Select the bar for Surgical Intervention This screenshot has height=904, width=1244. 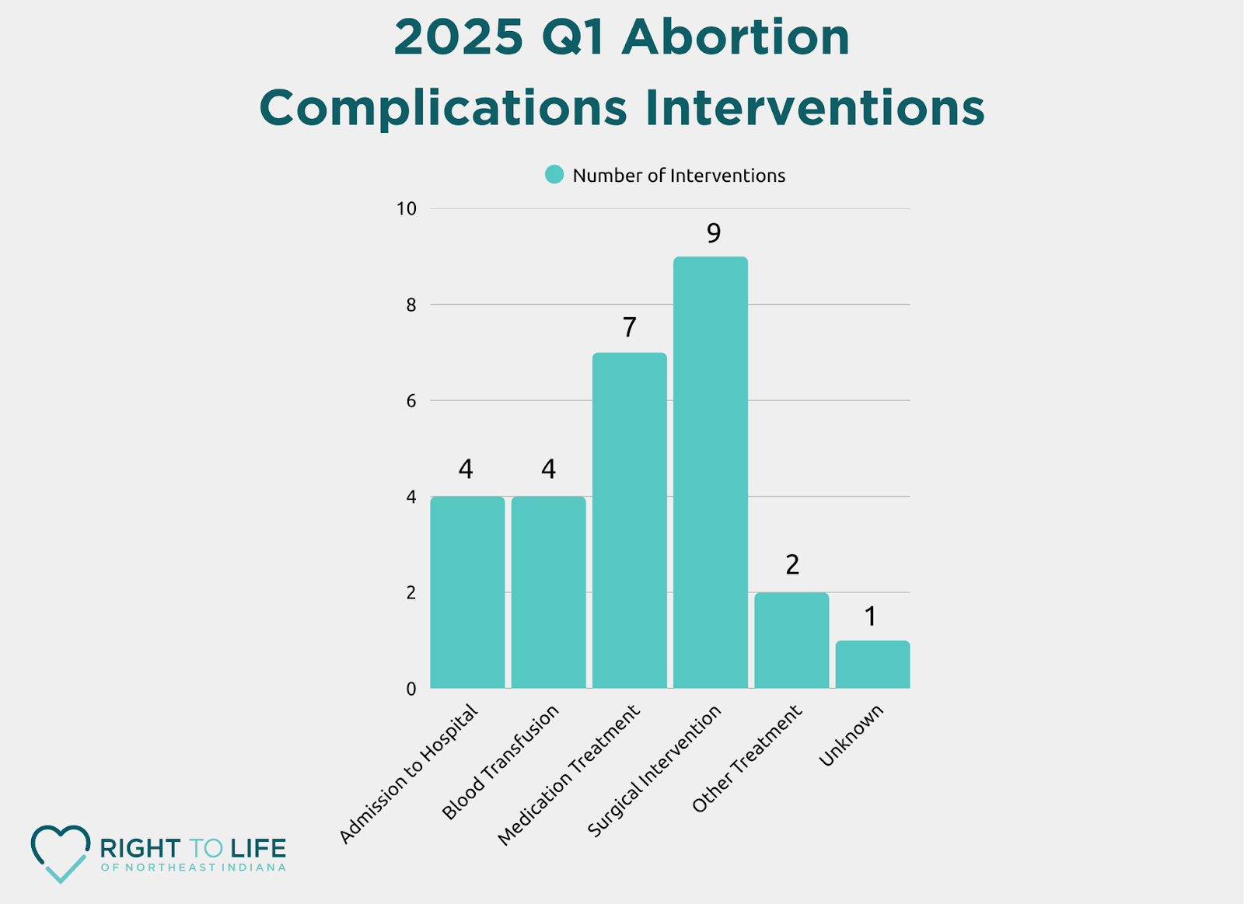[x=710, y=473]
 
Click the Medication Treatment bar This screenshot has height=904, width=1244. [x=629, y=521]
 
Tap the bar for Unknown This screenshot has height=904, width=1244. [x=872, y=665]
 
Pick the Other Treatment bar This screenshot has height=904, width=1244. [x=791, y=640]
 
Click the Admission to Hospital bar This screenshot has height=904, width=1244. [x=467, y=592]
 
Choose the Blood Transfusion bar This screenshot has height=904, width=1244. [x=548, y=592]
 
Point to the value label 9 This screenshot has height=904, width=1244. [x=713, y=232]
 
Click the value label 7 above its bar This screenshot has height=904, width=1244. [x=629, y=328]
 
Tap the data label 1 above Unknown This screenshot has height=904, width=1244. [x=871, y=616]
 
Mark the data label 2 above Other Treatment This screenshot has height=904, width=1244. [x=791, y=565]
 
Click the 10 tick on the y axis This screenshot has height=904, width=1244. [x=406, y=209]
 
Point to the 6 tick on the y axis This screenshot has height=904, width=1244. [x=411, y=401]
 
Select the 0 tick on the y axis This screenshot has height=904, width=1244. [x=411, y=689]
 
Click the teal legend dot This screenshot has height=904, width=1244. [x=554, y=175]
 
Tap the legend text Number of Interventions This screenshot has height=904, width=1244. [x=679, y=176]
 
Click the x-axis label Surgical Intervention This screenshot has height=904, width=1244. [x=655, y=771]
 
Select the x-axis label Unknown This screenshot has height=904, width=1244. [x=851, y=735]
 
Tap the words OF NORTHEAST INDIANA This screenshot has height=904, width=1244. [x=193, y=867]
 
